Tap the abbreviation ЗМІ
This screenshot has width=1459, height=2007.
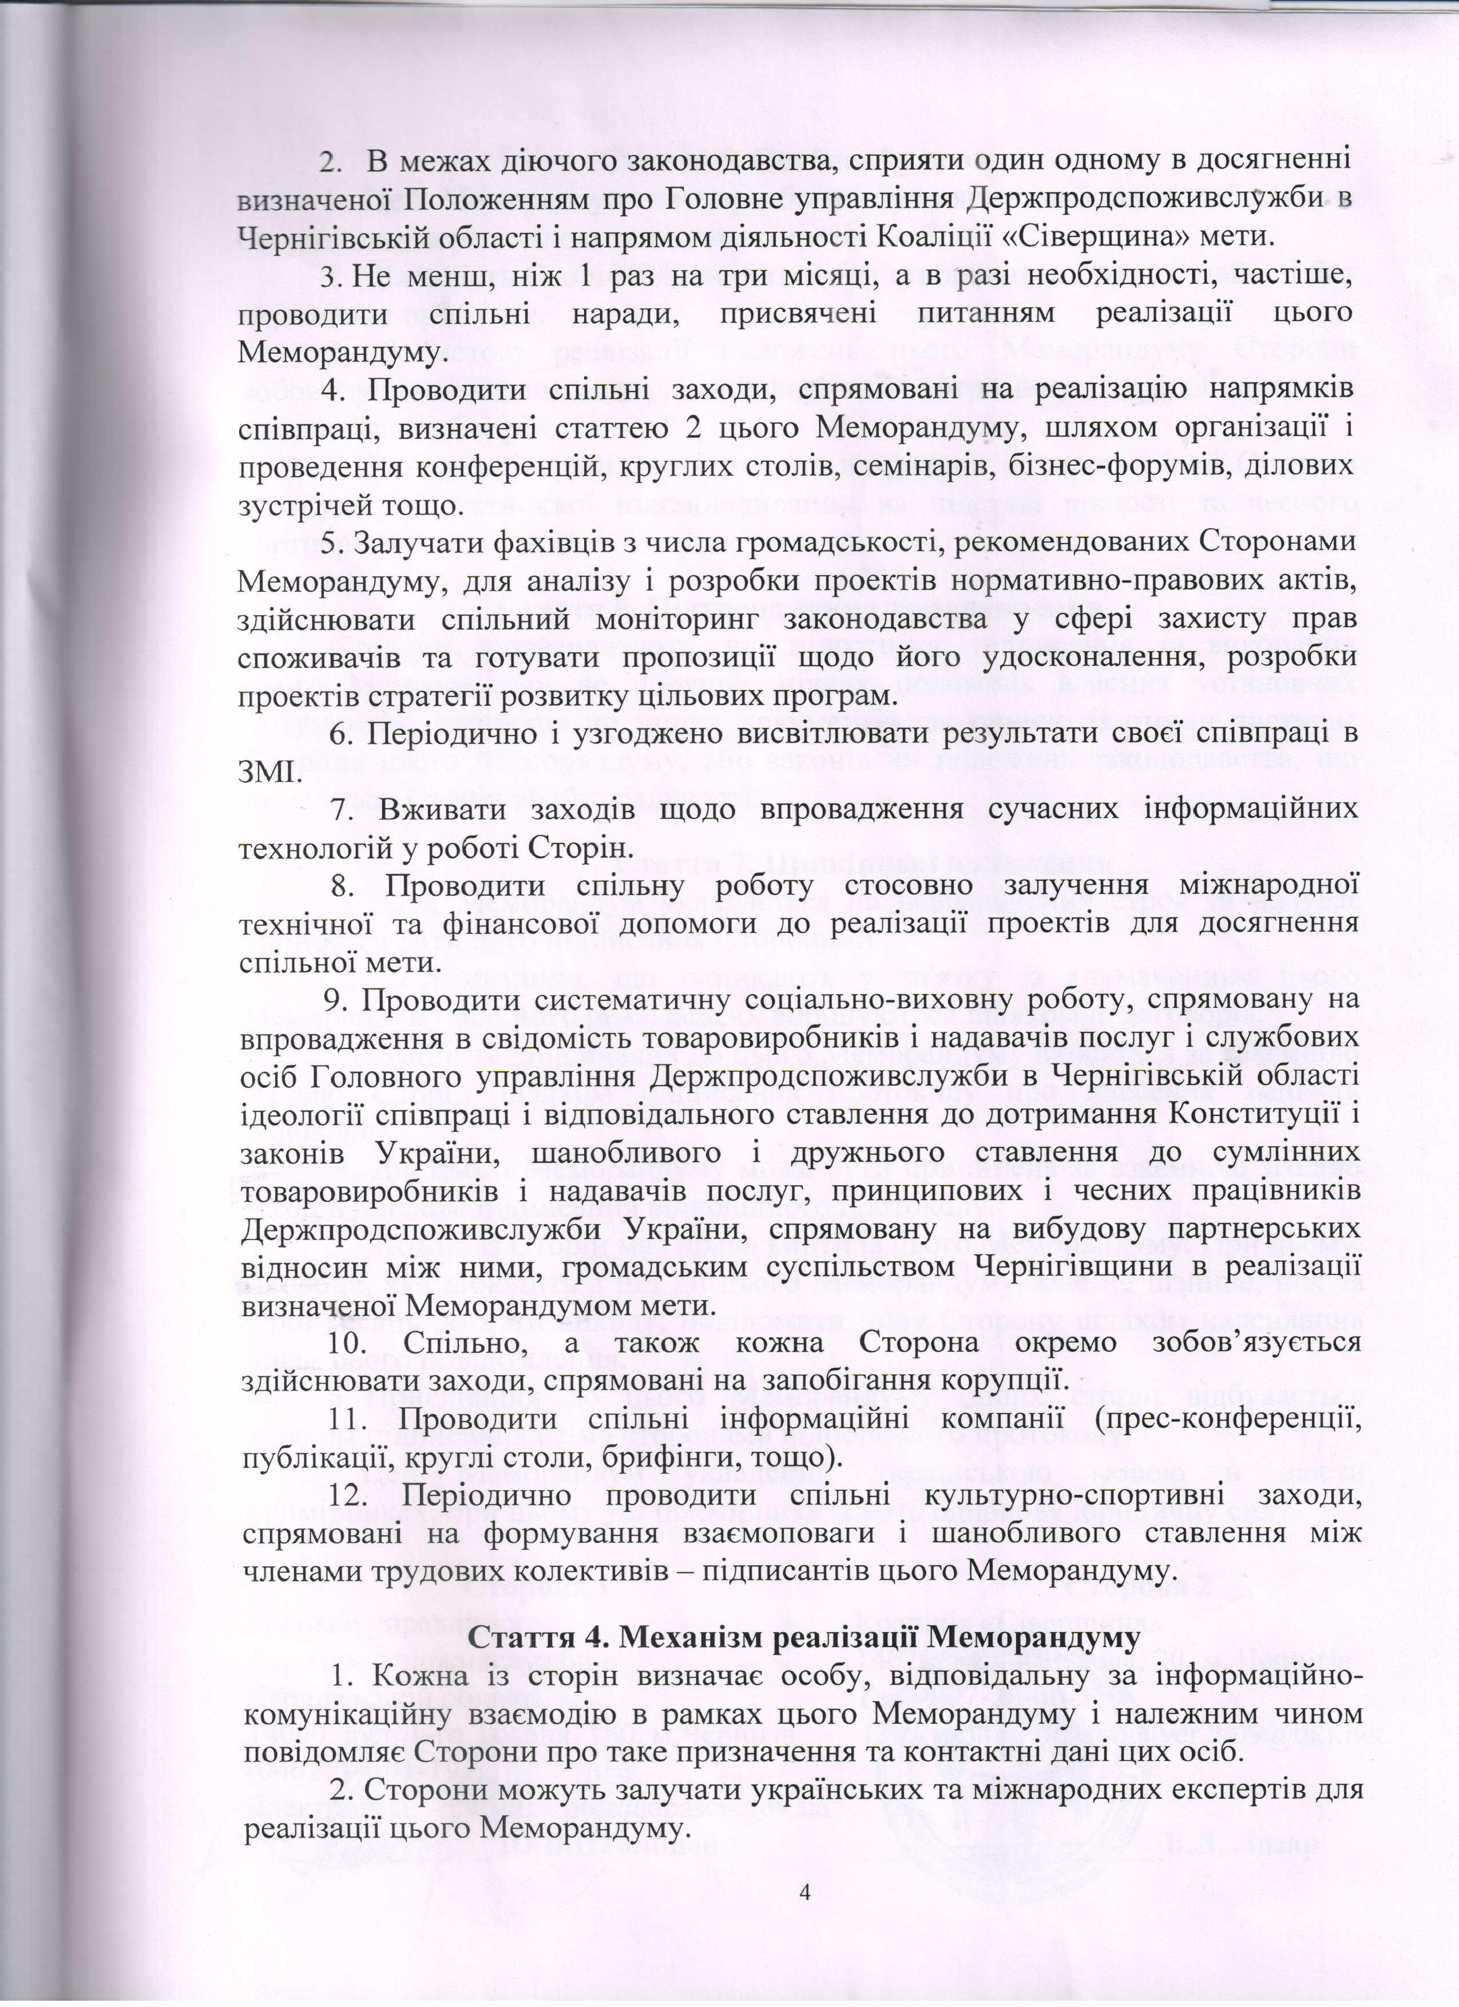coord(270,774)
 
